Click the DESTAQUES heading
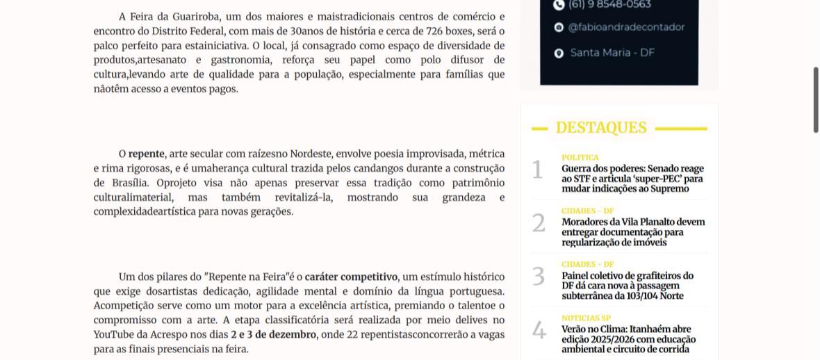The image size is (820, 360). click(x=601, y=128)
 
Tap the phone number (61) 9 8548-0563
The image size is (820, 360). click(x=609, y=5)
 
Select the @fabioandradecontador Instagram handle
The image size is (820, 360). click(x=626, y=28)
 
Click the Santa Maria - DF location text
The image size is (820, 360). click(x=612, y=53)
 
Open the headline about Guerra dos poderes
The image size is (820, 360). click(x=632, y=179)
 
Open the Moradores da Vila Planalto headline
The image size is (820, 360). click(x=633, y=232)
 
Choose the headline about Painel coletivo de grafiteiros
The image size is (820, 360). click(x=628, y=286)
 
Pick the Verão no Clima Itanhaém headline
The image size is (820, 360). click(x=629, y=339)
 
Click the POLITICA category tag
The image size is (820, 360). click(x=580, y=158)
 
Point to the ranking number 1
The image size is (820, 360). click(x=537, y=170)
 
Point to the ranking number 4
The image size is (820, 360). click(x=539, y=331)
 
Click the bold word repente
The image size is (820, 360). click(x=146, y=154)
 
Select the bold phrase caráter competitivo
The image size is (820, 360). click(x=351, y=277)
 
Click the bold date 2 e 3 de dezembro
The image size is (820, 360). click(x=273, y=335)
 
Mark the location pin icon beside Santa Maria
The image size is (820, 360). click(x=559, y=54)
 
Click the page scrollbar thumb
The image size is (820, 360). click(x=816, y=99)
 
